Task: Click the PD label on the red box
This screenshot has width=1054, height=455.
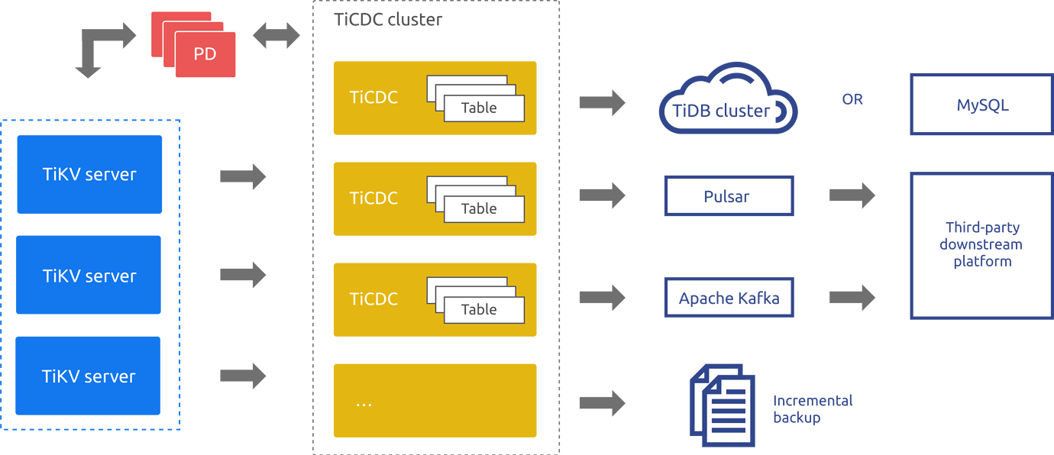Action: (x=205, y=54)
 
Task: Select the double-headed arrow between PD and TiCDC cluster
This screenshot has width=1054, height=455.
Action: (x=276, y=36)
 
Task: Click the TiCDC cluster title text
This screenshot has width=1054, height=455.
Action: (x=388, y=20)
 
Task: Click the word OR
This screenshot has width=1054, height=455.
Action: (x=852, y=100)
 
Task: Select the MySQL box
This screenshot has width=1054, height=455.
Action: (x=981, y=105)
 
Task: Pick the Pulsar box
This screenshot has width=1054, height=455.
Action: (x=729, y=196)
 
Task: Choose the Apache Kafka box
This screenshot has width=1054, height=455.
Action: (x=729, y=298)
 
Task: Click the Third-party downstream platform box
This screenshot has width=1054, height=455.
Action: (x=981, y=245)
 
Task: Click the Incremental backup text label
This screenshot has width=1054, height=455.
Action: (x=812, y=409)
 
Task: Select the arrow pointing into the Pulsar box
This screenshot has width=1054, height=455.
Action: (x=602, y=195)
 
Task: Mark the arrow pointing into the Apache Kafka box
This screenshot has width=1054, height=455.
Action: (x=602, y=298)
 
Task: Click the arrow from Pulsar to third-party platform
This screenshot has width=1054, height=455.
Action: (x=852, y=195)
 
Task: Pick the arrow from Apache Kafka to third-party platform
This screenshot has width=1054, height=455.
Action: (x=852, y=298)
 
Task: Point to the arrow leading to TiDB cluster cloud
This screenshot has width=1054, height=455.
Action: (x=602, y=102)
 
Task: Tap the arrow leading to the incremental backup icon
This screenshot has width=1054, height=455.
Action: (x=602, y=404)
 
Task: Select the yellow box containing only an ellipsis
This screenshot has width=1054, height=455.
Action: (x=435, y=401)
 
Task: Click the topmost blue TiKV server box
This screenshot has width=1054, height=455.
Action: (x=89, y=175)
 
